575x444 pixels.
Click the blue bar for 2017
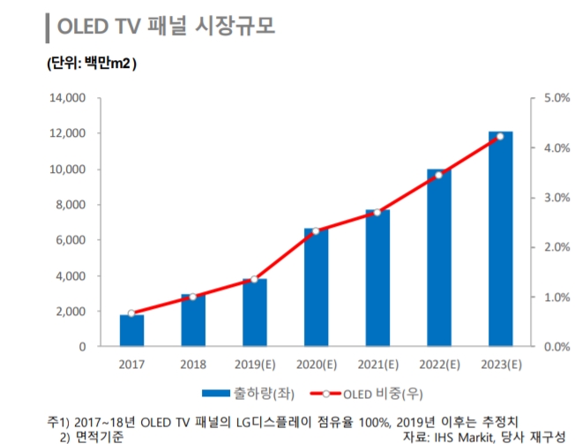point(132,331)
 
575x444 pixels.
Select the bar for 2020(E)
point(316,288)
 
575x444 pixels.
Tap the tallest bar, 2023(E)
point(500,239)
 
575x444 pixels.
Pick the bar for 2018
point(193,320)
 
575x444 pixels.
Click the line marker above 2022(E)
point(438,175)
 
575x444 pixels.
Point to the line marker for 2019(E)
point(254,280)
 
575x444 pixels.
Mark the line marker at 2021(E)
point(377,212)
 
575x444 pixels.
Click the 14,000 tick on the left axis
point(68,98)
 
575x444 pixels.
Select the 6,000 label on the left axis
point(71,240)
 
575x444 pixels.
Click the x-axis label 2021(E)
point(377,363)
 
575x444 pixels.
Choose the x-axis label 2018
point(193,363)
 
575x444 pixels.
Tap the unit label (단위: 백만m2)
point(91,64)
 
